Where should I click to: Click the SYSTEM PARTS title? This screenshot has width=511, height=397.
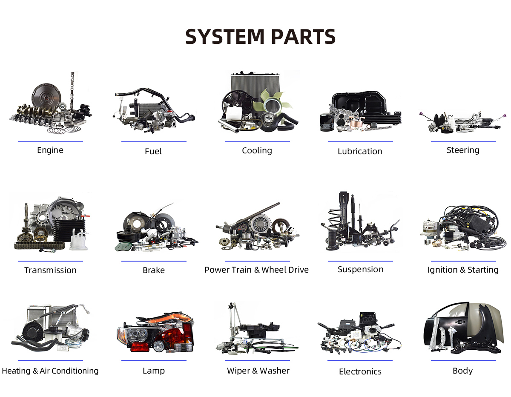click(260, 37)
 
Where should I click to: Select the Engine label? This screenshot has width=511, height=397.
click(50, 150)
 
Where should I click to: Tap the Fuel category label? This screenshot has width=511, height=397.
click(153, 151)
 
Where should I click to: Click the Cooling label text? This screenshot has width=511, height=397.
click(257, 150)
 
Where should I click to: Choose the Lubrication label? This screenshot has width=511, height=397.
click(360, 151)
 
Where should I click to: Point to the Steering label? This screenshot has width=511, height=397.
click(463, 150)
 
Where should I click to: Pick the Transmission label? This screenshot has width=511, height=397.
click(50, 270)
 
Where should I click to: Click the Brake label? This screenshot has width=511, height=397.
click(153, 270)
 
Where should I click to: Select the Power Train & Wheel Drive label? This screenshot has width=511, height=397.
click(256, 270)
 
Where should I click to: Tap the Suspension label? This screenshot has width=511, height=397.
click(360, 269)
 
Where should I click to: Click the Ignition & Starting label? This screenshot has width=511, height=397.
click(463, 270)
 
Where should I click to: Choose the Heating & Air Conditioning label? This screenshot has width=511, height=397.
click(50, 371)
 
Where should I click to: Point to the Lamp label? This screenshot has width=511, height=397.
click(153, 371)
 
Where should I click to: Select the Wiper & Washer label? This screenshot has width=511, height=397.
click(258, 371)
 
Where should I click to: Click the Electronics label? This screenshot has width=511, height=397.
click(360, 371)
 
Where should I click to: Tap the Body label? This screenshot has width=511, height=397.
click(463, 371)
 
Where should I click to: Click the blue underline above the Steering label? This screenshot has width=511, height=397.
click(463, 142)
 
